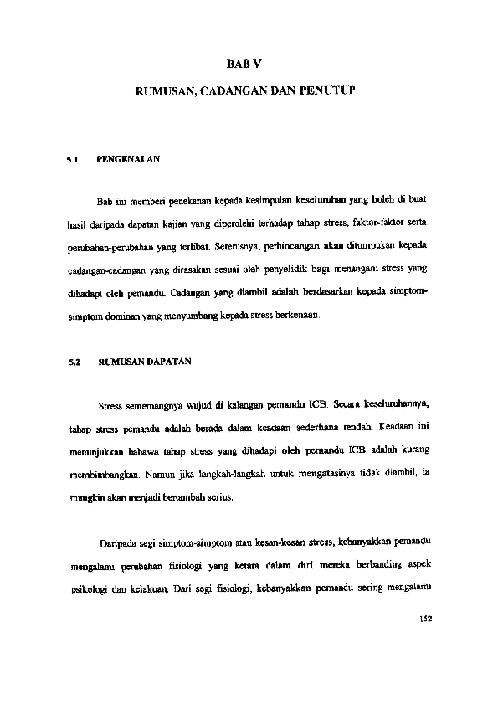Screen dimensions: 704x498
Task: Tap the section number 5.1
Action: point(72,158)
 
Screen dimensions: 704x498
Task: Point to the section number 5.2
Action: point(72,362)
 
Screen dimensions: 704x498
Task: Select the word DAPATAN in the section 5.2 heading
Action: point(170,362)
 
